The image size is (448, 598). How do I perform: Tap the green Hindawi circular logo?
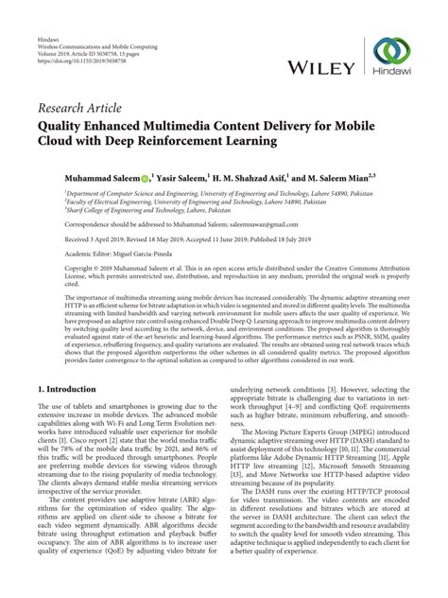(392, 53)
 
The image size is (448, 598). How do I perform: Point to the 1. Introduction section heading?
(67, 362)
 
